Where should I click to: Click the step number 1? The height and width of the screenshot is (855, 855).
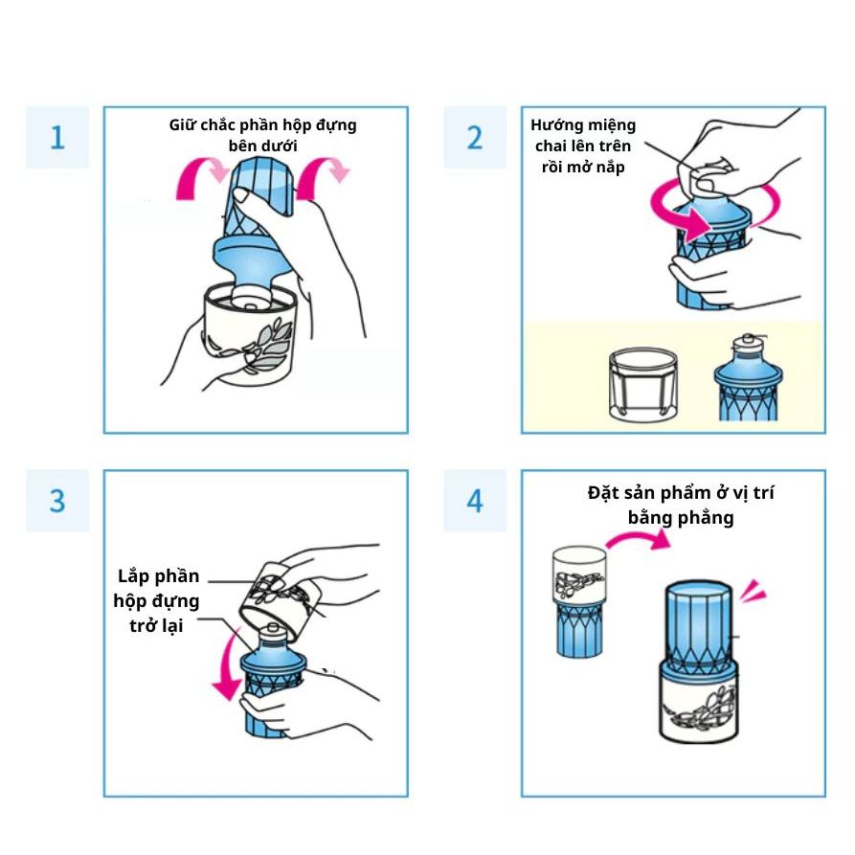coord(57,138)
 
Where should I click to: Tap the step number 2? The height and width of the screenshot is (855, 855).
coord(475,138)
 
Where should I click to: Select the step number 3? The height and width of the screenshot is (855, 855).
coord(57,501)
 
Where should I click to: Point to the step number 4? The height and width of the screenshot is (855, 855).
coord(475,501)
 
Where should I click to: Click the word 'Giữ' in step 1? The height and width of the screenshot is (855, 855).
coord(179,124)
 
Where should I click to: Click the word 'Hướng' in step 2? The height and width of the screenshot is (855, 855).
coord(552,126)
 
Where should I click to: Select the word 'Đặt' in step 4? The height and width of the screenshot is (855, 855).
coord(600,493)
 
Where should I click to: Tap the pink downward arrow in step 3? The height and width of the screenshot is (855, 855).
coord(228,665)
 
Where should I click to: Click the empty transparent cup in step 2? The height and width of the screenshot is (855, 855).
coord(642,385)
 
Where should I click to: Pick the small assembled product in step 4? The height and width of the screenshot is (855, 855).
coord(579,602)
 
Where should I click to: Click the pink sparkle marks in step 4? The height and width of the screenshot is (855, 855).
coord(753,591)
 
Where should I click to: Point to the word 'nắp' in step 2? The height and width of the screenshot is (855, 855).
coord(611,167)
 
